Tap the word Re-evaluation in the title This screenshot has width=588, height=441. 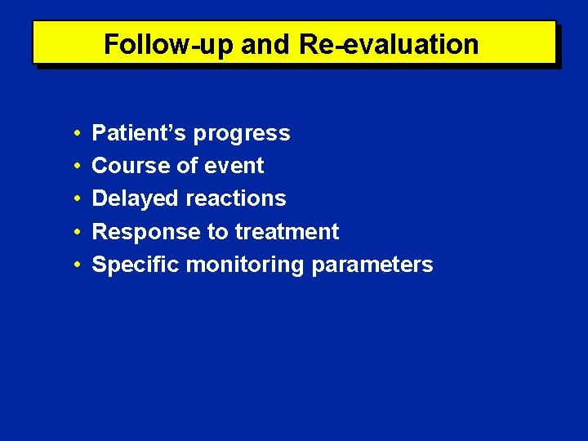(x=389, y=44)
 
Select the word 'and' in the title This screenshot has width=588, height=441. (x=265, y=44)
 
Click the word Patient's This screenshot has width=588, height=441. (x=139, y=133)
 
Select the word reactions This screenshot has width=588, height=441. (x=236, y=198)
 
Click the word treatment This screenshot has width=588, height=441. (x=287, y=232)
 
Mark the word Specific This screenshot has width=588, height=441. (x=136, y=265)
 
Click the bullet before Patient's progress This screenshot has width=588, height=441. (x=74, y=133)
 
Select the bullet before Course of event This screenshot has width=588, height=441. (x=74, y=166)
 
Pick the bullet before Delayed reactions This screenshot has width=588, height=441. (x=74, y=199)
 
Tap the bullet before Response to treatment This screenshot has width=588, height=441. (x=74, y=232)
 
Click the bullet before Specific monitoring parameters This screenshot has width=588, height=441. (x=74, y=265)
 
